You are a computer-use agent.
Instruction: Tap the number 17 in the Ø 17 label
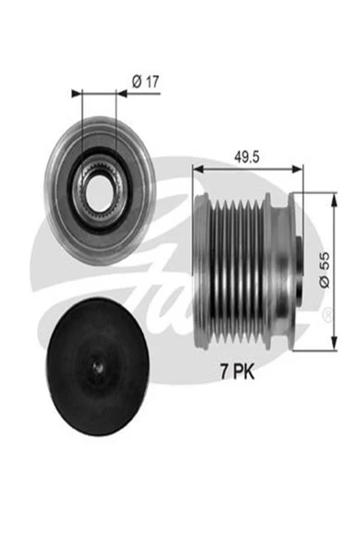pos(151,81)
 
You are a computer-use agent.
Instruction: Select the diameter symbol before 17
pos(135,81)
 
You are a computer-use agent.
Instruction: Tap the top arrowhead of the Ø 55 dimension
pos(334,198)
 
